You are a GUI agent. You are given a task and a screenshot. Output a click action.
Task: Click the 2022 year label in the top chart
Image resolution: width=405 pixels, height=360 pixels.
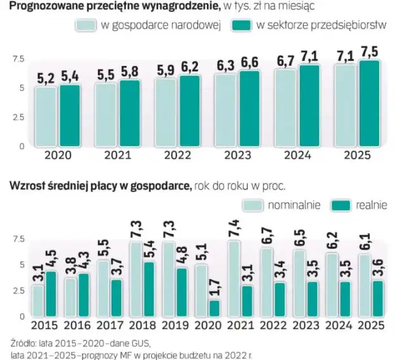176,154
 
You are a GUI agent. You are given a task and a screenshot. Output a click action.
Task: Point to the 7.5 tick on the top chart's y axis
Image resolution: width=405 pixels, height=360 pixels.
17,59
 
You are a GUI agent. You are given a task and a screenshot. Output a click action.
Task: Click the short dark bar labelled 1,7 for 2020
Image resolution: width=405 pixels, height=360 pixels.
215,307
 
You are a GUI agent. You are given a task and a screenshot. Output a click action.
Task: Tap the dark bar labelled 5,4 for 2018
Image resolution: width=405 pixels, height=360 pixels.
149,289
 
